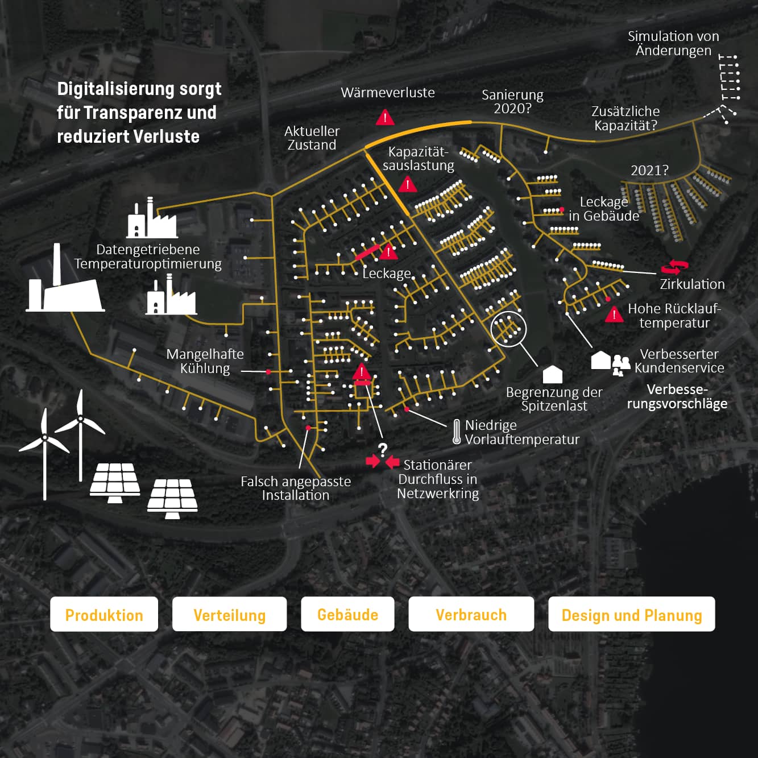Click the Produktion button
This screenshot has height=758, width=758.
click(x=104, y=614)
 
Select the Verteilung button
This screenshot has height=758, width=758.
click(x=229, y=614)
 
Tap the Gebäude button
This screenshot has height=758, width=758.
click(x=348, y=614)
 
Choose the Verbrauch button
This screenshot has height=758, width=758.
click(x=471, y=614)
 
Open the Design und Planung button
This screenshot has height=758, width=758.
click(x=631, y=614)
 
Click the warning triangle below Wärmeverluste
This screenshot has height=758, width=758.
click(x=385, y=117)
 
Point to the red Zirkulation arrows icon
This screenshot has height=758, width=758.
click(x=674, y=267)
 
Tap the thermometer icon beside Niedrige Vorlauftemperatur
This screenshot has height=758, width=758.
click(x=456, y=432)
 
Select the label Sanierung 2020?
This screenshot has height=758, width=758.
click(x=512, y=101)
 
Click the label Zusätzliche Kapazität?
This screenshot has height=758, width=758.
click(x=626, y=118)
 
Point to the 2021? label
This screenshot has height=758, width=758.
click(x=649, y=171)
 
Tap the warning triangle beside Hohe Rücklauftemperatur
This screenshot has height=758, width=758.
click(x=614, y=314)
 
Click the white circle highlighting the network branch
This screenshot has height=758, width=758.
click(x=508, y=329)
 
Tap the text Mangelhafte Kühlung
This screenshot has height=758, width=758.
click(x=205, y=361)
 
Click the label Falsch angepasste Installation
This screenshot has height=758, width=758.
click(x=296, y=488)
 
